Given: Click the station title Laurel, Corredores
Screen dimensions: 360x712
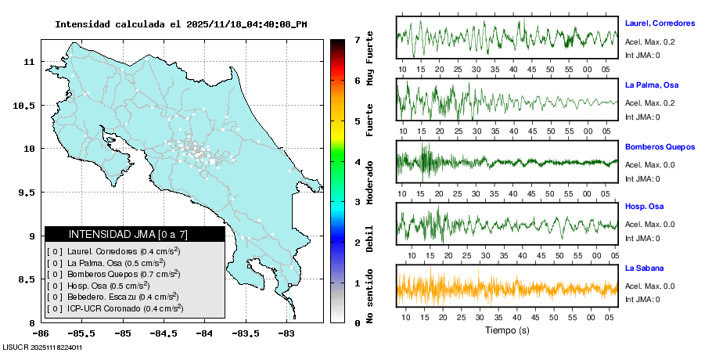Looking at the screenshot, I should click(x=660, y=24).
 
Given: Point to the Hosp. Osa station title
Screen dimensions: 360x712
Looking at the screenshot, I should click(x=645, y=207).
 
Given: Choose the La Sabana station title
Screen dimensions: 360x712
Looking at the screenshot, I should click(x=644, y=268).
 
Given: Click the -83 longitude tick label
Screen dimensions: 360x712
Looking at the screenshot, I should click(x=286, y=333).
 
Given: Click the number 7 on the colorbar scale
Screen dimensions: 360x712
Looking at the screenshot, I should click(x=357, y=39).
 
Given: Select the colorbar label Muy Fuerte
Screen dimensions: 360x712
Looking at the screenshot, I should click(x=370, y=59).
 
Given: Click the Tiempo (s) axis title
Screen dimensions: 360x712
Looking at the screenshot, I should click(x=507, y=330).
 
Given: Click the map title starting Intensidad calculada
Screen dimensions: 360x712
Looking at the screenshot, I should click(x=181, y=24).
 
